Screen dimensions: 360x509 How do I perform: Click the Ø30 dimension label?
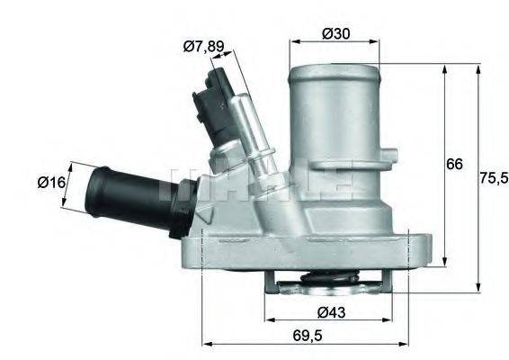(335, 34)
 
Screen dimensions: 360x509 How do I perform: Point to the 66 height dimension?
(455, 164)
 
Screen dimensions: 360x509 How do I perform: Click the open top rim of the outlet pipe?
(334, 66)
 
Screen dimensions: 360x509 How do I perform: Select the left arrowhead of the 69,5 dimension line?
(205, 343)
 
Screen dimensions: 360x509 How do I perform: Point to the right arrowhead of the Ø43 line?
(396, 319)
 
